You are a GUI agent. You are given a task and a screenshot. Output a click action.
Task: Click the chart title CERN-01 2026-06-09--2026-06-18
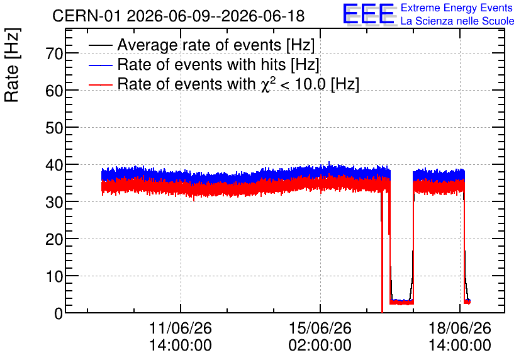click(x=179, y=16)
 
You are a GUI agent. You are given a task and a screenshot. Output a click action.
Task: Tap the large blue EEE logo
click(x=369, y=14)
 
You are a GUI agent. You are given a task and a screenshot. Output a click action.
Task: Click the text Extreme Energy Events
click(x=457, y=8)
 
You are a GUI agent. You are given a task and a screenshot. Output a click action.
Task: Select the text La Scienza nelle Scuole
click(x=457, y=21)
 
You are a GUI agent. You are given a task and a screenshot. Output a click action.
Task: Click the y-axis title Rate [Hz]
click(x=12, y=65)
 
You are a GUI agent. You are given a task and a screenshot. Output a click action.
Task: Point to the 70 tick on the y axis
click(x=54, y=53)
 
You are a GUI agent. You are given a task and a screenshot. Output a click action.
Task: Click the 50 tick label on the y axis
click(x=54, y=128)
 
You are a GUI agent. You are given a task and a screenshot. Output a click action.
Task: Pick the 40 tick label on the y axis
click(x=54, y=165)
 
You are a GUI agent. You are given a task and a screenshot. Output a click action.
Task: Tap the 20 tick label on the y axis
click(x=54, y=239)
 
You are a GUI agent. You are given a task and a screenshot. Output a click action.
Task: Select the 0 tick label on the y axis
click(x=59, y=313)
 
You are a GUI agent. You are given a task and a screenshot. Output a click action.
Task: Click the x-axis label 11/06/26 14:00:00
click(x=181, y=337)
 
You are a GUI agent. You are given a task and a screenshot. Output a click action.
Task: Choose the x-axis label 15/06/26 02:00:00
click(x=320, y=337)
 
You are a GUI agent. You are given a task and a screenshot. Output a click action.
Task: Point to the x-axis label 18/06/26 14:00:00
click(x=459, y=337)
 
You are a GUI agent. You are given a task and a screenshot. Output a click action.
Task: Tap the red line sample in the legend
click(x=100, y=85)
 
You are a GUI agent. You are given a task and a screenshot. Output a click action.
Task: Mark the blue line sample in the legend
click(x=100, y=65)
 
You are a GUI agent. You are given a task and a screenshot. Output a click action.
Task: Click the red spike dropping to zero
click(x=383, y=252)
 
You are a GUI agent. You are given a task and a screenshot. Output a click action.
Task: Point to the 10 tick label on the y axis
click(x=54, y=276)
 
